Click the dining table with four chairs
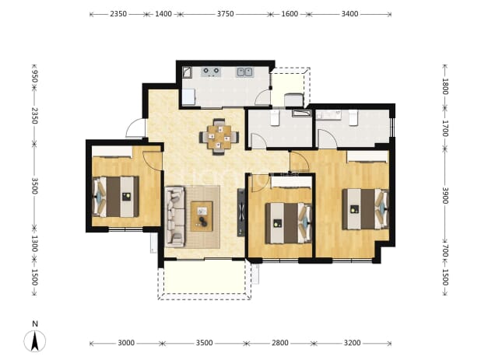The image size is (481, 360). point(219,137)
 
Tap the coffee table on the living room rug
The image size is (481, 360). point(202,216)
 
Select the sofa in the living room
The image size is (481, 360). point(175,217)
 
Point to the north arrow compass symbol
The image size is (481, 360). point(35,341)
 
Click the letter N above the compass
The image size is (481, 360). point(35,324)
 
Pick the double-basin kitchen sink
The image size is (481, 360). point(244,72)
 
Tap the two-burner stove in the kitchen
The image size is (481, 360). point(211,72)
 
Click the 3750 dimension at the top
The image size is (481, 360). point(226,14)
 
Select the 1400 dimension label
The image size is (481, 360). point(163,14)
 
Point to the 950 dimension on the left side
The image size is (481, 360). point(34,76)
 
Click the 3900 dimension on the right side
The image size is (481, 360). point(445,195)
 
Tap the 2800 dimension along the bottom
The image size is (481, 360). point(280,343)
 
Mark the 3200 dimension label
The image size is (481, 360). point(352,343)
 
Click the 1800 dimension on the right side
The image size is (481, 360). point(445,87)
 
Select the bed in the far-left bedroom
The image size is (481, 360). point(116,197)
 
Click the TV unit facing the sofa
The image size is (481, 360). point(241,212)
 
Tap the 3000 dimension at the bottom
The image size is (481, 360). point(126,343)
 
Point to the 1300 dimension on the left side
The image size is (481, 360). point(34,243)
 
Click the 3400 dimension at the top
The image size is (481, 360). point(350,14)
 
